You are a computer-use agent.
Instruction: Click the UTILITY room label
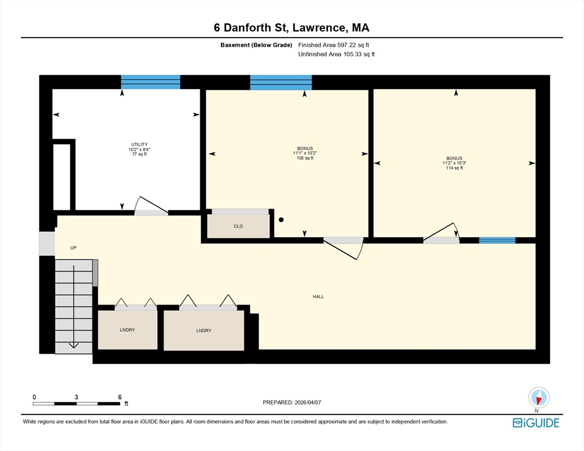pos(139,144)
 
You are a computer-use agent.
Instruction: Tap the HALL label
pos(318,297)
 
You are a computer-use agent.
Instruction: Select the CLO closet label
pos(238,226)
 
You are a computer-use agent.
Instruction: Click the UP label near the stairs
pos(73,248)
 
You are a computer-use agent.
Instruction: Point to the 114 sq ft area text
pos(454,168)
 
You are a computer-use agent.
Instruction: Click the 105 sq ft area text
pos(305,158)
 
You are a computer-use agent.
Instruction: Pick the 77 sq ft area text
pos(139,154)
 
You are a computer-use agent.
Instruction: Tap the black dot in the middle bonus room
pos(281,220)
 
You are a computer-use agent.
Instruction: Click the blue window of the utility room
pos(150,82)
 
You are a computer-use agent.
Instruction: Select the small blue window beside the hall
pos(497,240)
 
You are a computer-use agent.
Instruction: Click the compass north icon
pos(538,398)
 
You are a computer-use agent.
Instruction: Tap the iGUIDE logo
pos(536,423)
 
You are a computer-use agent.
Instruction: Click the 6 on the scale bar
pos(120,397)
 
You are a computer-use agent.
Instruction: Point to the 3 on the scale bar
pos(76,397)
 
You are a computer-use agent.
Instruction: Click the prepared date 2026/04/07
pos(293,402)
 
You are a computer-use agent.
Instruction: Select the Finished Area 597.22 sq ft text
pos(334,45)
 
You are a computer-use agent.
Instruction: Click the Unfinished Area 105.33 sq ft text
pos(336,54)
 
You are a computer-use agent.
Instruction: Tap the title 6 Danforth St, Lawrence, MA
pos(291,28)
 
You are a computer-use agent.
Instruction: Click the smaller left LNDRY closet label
pos(127,330)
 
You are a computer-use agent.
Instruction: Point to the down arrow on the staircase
pos(73,345)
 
